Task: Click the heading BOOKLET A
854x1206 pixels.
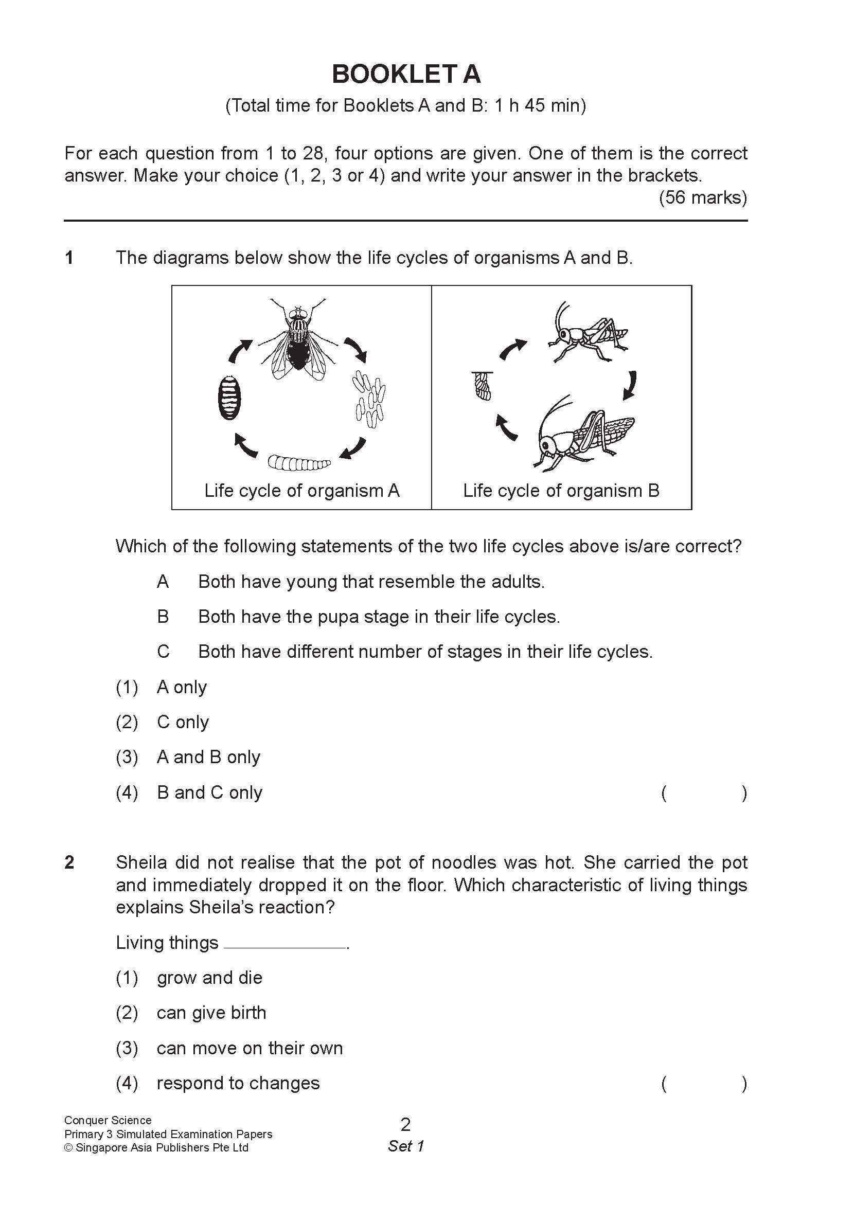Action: [405, 74]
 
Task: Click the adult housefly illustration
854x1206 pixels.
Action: [298, 340]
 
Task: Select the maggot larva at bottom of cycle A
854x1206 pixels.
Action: [299, 463]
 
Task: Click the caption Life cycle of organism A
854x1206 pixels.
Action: [301, 491]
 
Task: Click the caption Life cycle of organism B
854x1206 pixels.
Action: [561, 491]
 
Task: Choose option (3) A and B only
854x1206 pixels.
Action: [208, 757]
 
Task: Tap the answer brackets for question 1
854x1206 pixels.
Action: [704, 793]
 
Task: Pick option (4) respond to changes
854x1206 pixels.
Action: [238, 1083]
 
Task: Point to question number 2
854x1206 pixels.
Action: [69, 862]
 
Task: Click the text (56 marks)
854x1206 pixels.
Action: [703, 197]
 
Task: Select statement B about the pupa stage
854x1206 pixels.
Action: [379, 617]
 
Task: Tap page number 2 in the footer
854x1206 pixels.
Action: [405, 1125]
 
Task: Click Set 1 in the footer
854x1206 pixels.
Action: [405, 1146]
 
